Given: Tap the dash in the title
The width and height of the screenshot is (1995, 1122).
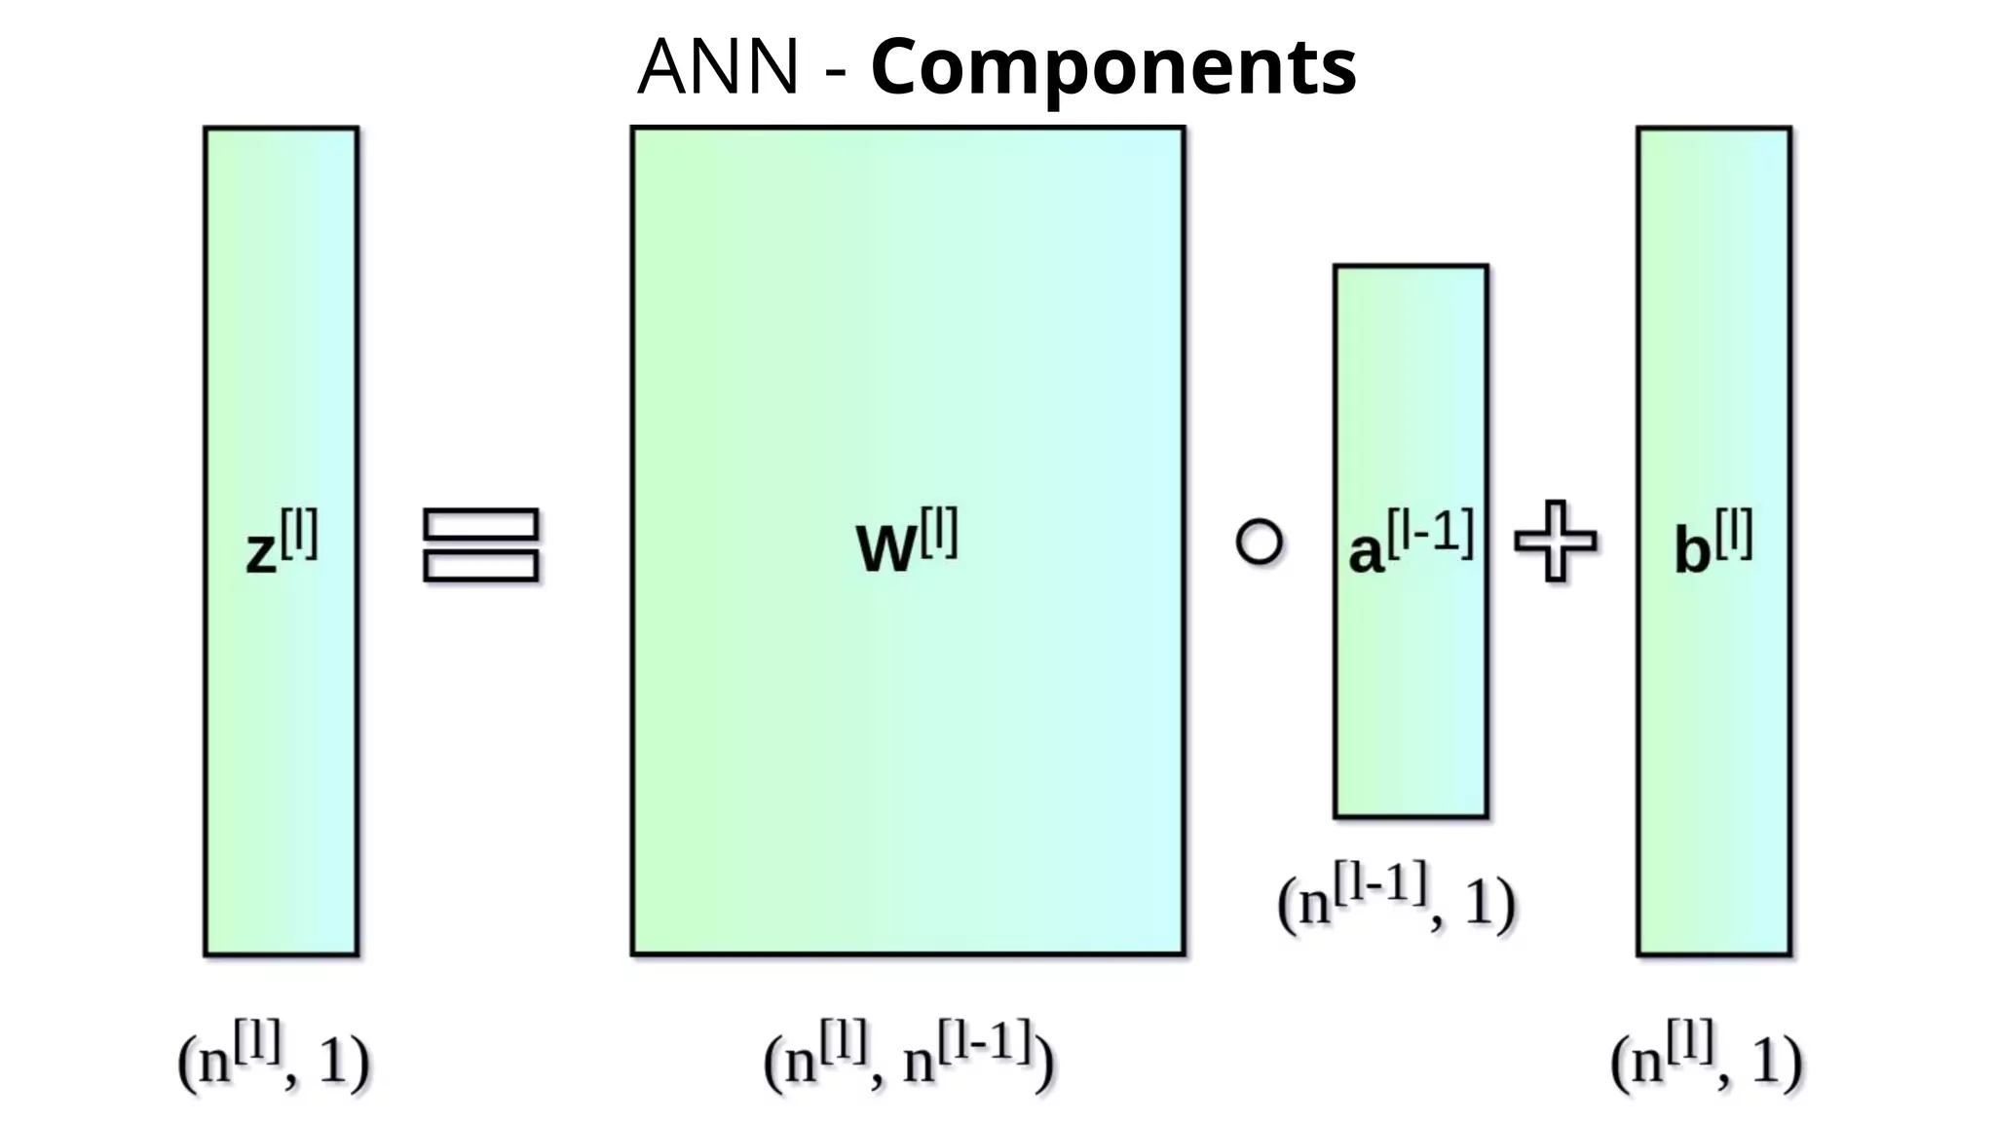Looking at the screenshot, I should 835,70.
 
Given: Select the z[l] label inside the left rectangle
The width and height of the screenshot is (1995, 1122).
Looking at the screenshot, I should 282,543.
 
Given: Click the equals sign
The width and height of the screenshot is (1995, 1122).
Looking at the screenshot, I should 481,545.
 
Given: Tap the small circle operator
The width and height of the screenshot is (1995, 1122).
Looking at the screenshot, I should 1259,542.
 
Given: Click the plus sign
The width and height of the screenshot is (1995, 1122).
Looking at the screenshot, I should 1556,542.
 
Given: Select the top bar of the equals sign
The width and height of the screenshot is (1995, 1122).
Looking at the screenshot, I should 481,524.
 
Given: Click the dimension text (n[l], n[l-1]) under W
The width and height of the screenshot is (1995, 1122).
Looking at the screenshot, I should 908,1056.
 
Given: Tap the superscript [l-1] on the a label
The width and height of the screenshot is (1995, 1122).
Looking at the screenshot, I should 1430,533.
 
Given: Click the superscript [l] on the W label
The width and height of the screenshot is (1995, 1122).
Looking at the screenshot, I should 938,532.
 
